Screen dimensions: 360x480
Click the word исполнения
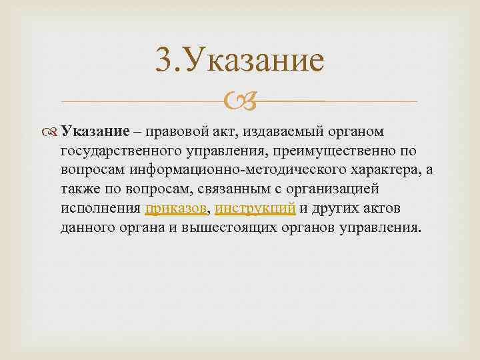(x=110, y=208)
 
